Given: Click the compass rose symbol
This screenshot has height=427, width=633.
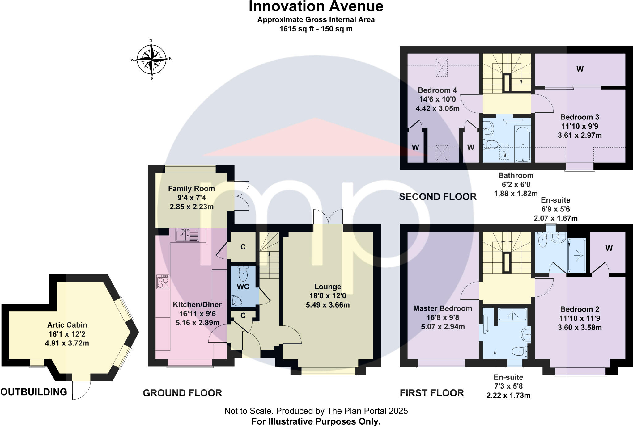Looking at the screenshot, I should (151, 59).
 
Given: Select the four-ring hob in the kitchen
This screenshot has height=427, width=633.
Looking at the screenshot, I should (163, 282).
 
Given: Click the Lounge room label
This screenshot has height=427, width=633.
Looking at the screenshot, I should (328, 287).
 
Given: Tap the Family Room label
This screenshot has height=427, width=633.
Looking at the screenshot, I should (191, 189).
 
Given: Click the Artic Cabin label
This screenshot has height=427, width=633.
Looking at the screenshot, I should (67, 325).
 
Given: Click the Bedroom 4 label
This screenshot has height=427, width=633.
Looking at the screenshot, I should (437, 90).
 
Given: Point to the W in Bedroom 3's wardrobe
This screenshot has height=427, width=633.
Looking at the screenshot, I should (580, 69).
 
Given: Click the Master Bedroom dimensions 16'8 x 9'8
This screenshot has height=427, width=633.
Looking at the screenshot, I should (443, 317).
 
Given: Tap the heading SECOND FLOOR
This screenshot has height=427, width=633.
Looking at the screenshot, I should (438, 197).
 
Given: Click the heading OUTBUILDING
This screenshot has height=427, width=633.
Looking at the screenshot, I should (34, 392).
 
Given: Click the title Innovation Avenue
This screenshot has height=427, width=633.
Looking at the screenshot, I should (316, 7).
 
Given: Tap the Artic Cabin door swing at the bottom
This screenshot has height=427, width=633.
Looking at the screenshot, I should (81, 390).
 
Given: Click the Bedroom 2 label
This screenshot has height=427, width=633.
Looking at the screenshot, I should (580, 309).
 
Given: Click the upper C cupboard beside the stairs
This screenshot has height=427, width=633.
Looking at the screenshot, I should (243, 247).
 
